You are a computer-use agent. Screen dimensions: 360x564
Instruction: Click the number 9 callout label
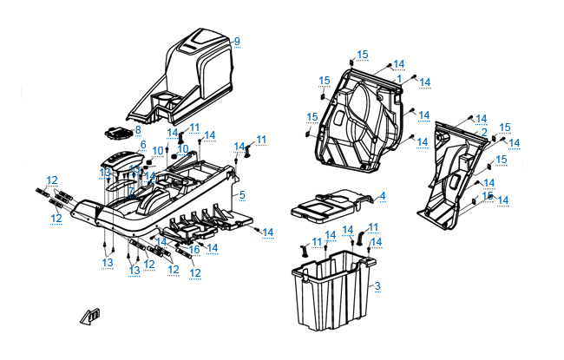point(236,42)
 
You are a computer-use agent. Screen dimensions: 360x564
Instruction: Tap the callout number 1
point(398,78)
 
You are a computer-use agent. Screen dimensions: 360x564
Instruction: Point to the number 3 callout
point(382,197)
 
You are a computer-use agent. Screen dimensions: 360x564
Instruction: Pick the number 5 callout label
point(143,145)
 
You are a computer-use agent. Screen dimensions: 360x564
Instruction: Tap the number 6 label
point(131,189)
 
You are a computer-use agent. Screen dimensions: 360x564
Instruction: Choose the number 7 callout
point(137,129)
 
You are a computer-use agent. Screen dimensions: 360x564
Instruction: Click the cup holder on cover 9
point(194,249)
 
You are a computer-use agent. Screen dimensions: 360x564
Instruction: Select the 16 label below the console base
point(258,230)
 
